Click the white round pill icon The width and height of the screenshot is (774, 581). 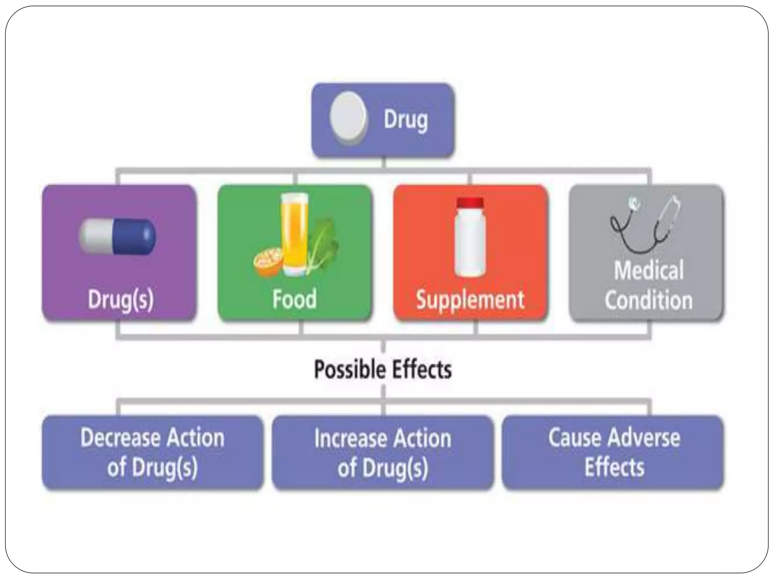click(348, 118)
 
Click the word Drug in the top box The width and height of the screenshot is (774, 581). click(406, 120)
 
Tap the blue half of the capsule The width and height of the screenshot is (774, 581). click(134, 236)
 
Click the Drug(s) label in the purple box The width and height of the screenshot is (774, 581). click(121, 300)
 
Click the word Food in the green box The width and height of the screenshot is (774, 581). click(294, 299)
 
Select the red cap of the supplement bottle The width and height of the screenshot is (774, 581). click(470, 203)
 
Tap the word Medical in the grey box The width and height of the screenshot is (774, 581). click(649, 270)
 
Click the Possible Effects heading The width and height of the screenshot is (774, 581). click(382, 370)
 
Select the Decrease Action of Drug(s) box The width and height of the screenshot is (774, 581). click(152, 452)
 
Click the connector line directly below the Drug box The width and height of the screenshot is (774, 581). click(383, 163)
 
